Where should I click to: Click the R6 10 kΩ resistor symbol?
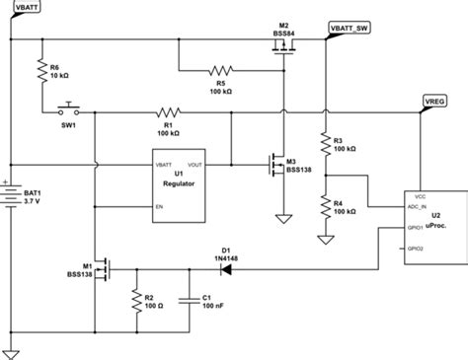pos(43,68)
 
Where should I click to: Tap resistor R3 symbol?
pos(325,144)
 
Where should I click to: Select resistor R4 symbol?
pos(325,204)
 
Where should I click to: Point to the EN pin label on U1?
pos(158,206)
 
